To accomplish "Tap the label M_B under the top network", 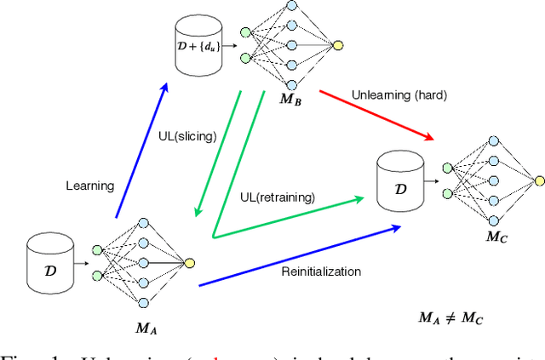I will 290,100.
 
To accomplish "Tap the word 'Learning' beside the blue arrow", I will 89,185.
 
